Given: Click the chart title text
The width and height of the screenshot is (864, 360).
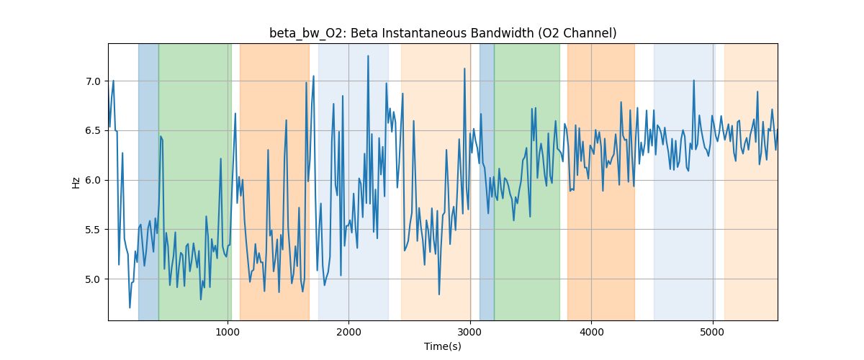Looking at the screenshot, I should coord(443,33).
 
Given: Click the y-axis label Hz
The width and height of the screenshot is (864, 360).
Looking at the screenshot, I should coord(76,182).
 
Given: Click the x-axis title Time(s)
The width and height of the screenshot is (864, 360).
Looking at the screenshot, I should coord(443,346).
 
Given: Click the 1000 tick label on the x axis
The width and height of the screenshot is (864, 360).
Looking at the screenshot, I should coord(228,331).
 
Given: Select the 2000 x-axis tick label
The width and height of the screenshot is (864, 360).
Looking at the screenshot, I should coord(348,331).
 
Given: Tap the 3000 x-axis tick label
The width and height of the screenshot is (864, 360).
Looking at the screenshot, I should coord(469,331).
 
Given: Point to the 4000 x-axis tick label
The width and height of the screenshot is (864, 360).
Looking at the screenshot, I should coord(591,331).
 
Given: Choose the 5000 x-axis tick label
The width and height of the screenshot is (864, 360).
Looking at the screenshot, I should coord(712,331).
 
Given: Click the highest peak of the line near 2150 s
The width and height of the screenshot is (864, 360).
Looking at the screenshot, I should coord(368,55).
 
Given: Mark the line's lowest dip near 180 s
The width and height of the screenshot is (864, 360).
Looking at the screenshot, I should coord(130,307).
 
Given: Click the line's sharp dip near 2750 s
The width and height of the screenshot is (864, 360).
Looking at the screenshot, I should coord(439,294).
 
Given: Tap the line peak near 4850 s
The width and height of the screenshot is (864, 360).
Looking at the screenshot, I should coord(694,80).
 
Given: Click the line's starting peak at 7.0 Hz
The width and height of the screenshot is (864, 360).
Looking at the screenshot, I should coord(114,81).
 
